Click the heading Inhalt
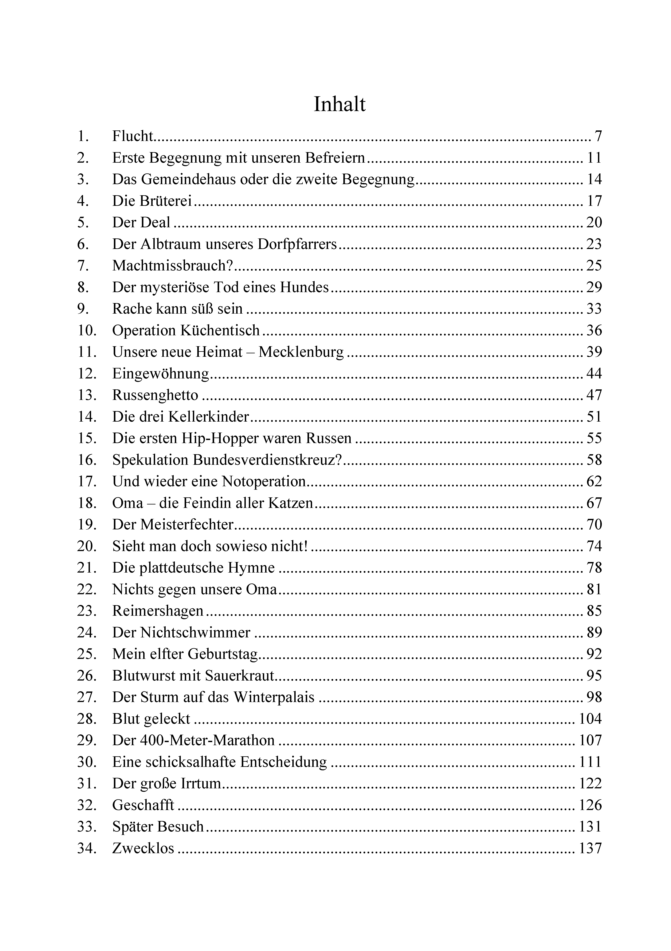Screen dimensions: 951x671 pos(340,104)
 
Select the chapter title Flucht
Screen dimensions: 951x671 pos(132,136)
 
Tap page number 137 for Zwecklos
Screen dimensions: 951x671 pos(590,848)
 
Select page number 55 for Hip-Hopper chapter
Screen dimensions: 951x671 pos(594,438)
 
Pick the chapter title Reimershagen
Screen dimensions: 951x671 pos(158,611)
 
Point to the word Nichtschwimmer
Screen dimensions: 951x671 pos(195,632)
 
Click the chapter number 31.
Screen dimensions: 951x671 pos(87,784)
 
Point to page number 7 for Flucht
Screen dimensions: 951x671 pos(598,136)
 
